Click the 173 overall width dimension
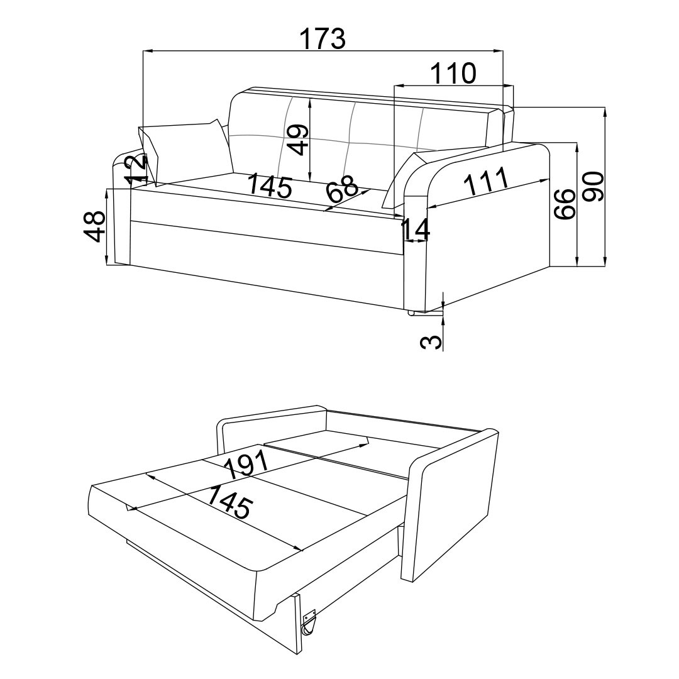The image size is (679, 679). [x=322, y=39]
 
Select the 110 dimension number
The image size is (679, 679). [x=453, y=74]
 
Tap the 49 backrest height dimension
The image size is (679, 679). [x=299, y=139]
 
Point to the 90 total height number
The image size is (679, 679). [x=593, y=186]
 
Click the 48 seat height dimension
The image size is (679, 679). [x=94, y=226]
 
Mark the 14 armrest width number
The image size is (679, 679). [x=416, y=230]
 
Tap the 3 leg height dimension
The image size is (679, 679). [x=429, y=341]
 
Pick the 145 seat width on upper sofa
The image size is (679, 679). [x=270, y=186]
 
